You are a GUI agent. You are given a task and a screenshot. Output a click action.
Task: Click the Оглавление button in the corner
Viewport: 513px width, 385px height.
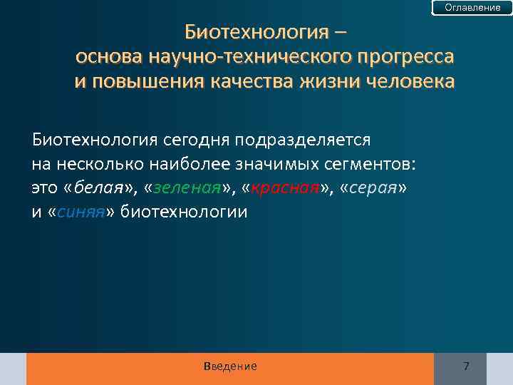(x=472, y=7)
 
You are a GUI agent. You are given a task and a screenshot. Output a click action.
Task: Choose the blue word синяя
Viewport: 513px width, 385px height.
(x=80, y=212)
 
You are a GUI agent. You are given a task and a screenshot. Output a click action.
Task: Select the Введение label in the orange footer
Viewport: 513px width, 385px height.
(x=230, y=366)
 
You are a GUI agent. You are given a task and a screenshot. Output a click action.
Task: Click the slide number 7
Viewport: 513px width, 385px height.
(x=466, y=366)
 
